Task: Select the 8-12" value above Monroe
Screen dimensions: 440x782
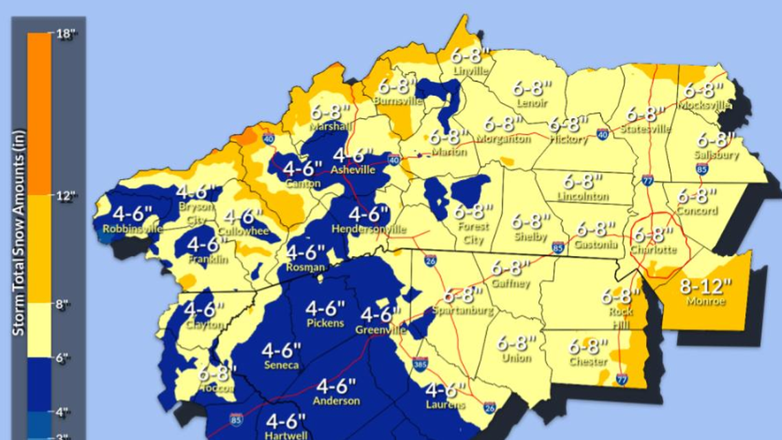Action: point(705,287)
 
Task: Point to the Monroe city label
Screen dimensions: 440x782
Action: point(705,301)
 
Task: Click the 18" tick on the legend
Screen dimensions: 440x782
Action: point(67,35)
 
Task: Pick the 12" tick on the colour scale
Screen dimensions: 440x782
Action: point(67,196)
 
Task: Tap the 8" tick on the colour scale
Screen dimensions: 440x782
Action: point(64,304)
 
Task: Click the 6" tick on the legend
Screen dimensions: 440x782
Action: point(64,358)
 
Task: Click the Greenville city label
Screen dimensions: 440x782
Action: point(380,330)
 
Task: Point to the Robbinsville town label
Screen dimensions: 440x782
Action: point(132,229)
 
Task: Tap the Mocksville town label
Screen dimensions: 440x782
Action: point(703,105)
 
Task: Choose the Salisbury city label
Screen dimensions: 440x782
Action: point(717,154)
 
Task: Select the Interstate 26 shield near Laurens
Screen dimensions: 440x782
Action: point(489,408)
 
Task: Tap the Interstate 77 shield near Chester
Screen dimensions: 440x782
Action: point(621,379)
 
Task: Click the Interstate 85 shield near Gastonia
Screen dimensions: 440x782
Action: point(559,247)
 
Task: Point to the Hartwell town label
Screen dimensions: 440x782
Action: point(285,435)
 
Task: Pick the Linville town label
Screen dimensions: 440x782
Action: point(471,70)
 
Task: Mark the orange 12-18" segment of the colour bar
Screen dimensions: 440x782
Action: point(39,113)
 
